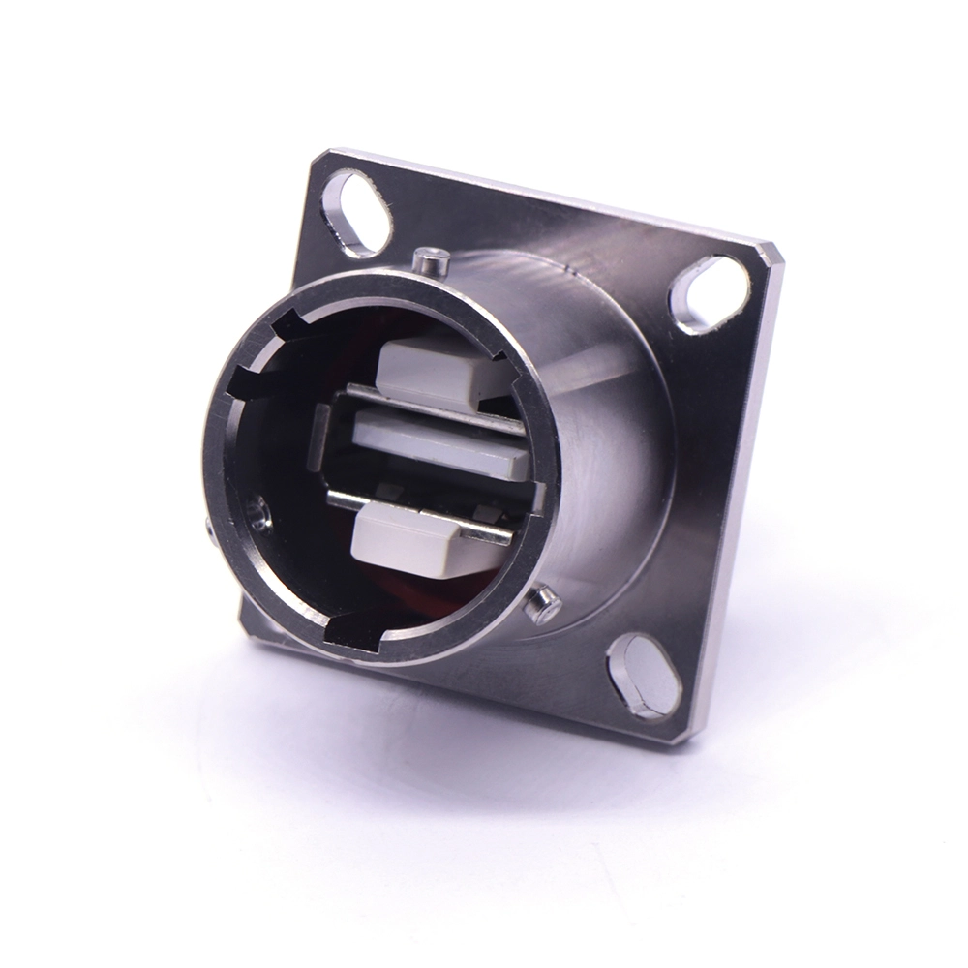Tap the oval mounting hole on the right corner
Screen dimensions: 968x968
pos(711,294)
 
